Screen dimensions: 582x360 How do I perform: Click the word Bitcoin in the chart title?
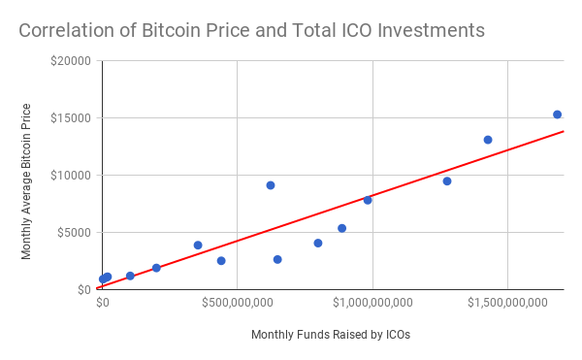coord(171,30)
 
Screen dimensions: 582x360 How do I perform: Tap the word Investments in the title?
coord(432,30)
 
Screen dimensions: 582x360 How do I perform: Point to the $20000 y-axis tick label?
coord(71,60)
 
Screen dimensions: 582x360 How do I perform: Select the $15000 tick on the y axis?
coord(71,118)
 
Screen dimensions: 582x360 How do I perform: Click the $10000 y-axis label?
coord(71,176)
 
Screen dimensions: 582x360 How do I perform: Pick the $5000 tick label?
coord(75,232)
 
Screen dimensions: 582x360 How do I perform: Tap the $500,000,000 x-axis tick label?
coord(238,303)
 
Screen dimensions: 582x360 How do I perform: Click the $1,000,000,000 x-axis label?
coord(372,303)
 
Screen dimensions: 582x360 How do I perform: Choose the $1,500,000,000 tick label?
coord(507,303)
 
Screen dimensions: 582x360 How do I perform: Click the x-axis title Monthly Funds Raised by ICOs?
coord(331,335)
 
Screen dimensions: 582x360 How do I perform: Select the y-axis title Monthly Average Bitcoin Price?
coord(26,181)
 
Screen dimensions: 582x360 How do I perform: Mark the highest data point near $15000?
coord(557,115)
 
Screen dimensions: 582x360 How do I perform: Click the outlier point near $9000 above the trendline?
coord(271,185)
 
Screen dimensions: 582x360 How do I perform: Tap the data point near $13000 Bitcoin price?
coord(488,140)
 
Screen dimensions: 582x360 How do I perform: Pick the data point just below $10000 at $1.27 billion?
coord(447,181)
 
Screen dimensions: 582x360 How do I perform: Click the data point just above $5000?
coord(342,228)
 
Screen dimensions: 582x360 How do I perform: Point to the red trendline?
coord(330,210)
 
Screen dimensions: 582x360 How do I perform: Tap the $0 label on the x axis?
coord(103,303)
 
